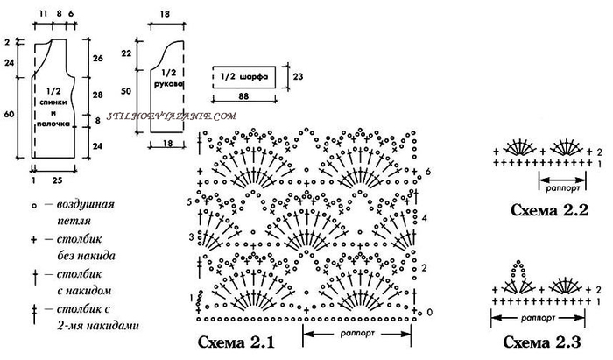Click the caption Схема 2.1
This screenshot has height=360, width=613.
point(236,342)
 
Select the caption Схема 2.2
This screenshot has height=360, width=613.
point(549,210)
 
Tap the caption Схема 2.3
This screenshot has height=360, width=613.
point(542,342)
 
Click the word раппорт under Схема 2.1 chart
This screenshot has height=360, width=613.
point(357,334)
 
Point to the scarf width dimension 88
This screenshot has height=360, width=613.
point(243,95)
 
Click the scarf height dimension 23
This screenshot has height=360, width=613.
point(298,76)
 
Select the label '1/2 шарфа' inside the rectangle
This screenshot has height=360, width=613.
point(244,76)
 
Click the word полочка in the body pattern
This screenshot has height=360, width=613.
point(53,124)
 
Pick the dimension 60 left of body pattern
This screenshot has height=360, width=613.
point(9,114)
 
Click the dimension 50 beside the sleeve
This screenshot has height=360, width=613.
point(126,91)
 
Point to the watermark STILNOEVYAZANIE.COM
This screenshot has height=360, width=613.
point(172,116)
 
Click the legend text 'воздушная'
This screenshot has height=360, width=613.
point(86,204)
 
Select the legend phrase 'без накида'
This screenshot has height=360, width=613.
point(86,256)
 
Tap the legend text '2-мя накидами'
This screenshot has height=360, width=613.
point(98,325)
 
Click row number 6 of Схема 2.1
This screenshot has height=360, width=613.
point(428,171)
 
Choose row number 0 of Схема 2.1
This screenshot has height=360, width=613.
point(430,312)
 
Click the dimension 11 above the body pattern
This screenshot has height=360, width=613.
point(43,14)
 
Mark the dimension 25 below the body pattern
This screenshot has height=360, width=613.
point(58,180)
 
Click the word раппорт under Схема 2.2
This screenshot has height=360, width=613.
point(563,187)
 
